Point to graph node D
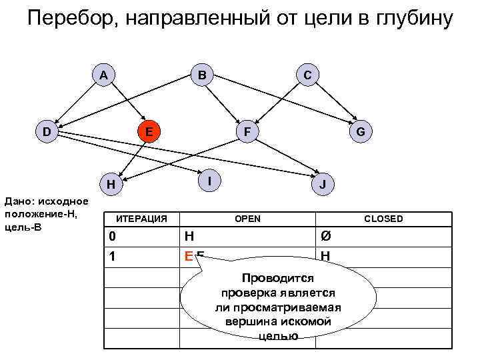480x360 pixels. pyautogui.click(x=46, y=131)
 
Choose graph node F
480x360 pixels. pyautogui.click(x=247, y=131)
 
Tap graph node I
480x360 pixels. pyautogui.click(x=209, y=179)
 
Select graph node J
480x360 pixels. pyautogui.click(x=323, y=184)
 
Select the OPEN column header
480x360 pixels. pyautogui.click(x=247, y=219)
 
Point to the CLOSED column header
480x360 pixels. pyautogui.click(x=383, y=219)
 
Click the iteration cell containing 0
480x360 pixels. pyautogui.click(x=113, y=237)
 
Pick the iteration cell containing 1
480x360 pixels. pyautogui.click(x=113, y=255)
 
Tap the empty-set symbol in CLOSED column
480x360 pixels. pyautogui.click(x=325, y=237)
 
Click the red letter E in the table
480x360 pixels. pyautogui.click(x=189, y=256)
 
